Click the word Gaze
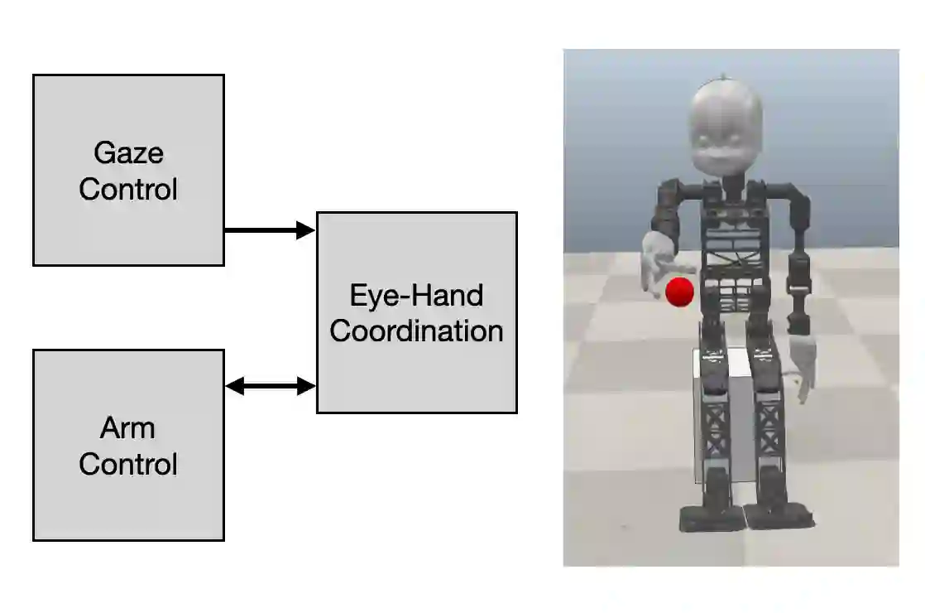pos(128,153)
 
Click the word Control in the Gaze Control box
pos(128,189)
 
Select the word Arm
pos(128,428)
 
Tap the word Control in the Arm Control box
pos(128,464)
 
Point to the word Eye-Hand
pos(416,296)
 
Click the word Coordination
pos(416,331)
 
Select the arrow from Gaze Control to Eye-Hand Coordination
pos(270,230)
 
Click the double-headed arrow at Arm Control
pos(270,386)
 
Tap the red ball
pos(679,292)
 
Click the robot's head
pos(726,128)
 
